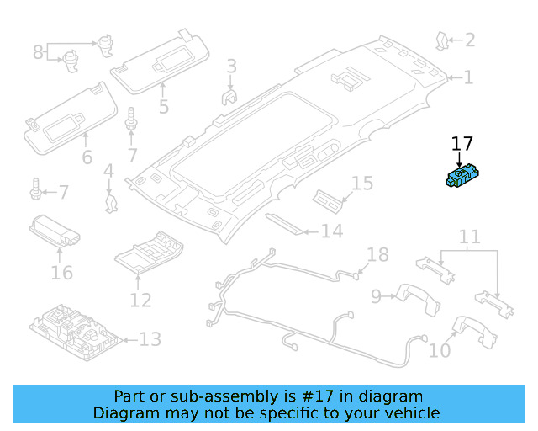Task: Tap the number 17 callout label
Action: (462, 144)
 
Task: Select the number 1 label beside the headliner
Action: (468, 77)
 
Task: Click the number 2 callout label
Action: (470, 40)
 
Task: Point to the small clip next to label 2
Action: (442, 38)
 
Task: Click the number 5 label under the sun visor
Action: (163, 107)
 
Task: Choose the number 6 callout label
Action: (87, 157)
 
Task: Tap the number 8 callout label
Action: (38, 52)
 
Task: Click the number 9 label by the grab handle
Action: (377, 295)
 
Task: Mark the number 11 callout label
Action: (469, 237)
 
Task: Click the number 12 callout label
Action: (140, 300)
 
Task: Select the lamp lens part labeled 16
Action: (56, 228)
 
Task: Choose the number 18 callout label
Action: (378, 254)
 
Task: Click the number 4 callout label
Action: (108, 173)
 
